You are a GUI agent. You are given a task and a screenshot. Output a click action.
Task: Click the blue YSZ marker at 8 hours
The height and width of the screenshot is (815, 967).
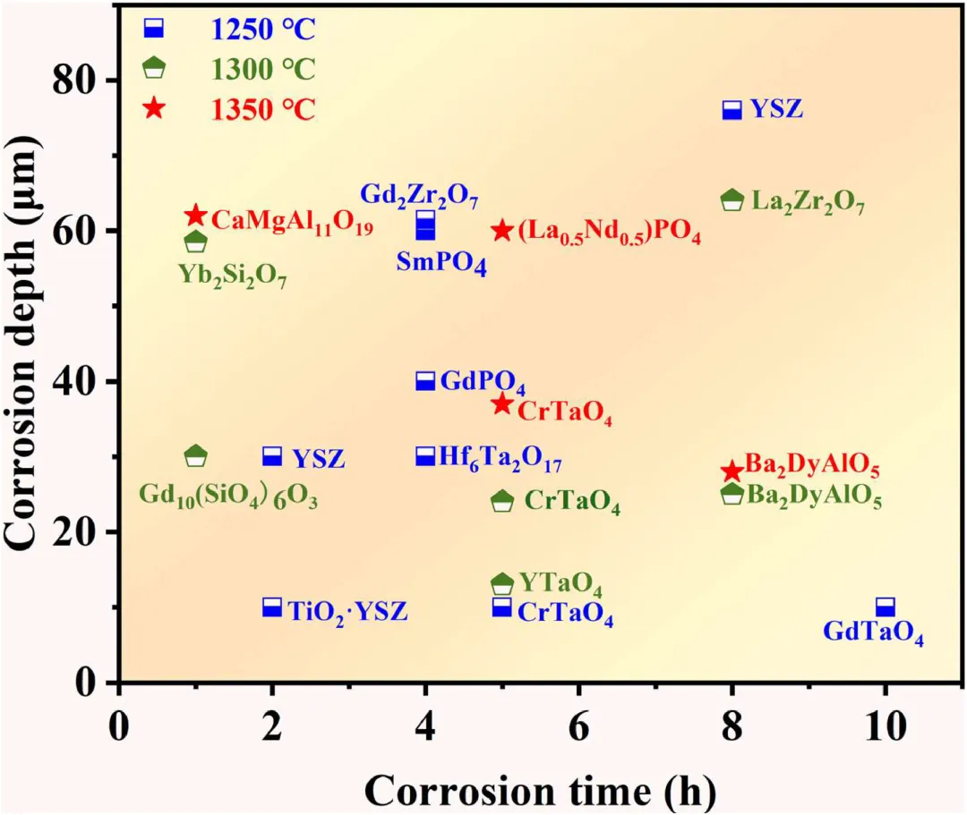coord(732,110)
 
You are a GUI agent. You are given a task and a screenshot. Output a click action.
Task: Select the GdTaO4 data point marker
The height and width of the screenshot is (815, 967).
coord(886,607)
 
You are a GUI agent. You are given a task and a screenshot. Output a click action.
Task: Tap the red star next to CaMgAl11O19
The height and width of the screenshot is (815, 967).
coord(195,216)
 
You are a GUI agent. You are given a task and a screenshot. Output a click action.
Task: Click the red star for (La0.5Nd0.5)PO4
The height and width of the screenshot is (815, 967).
coord(502,231)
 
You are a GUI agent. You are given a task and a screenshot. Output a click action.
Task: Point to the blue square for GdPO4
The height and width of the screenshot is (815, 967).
coord(425,381)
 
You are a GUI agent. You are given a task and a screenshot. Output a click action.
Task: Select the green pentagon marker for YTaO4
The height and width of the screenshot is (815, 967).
coord(502,584)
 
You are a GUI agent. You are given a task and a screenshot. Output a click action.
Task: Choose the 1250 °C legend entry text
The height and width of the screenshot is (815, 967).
coord(263,30)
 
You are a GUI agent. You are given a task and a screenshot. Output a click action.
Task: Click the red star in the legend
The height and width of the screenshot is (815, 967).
coord(154,108)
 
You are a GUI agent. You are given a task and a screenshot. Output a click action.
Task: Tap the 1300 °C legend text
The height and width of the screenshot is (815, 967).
coord(263,69)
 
